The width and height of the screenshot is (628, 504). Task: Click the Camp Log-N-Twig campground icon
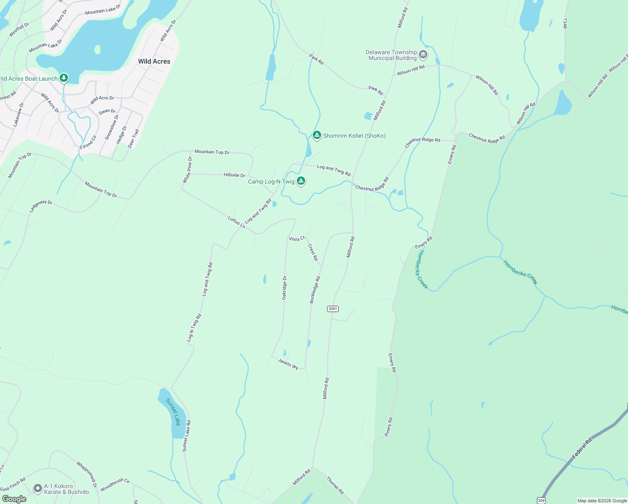(x=301, y=181)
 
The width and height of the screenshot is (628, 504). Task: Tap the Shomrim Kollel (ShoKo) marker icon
(x=317, y=135)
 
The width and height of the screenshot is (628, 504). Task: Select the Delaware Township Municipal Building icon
(x=423, y=55)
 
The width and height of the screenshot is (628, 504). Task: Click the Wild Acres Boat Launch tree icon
(x=64, y=78)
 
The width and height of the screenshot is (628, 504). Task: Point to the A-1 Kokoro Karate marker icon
(x=38, y=488)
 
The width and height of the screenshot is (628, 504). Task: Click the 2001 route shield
(x=332, y=309)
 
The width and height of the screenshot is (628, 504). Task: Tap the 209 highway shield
(x=541, y=500)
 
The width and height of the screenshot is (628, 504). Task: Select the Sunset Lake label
(x=173, y=412)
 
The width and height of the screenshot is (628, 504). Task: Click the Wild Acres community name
(x=154, y=61)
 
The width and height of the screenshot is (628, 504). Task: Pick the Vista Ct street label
(x=297, y=239)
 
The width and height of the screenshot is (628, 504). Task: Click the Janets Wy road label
(x=288, y=364)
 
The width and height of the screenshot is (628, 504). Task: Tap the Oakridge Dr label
(x=284, y=288)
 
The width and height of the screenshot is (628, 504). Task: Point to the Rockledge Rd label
(x=315, y=289)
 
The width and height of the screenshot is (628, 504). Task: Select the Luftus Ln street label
(x=236, y=222)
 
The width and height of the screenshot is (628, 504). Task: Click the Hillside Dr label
(x=234, y=175)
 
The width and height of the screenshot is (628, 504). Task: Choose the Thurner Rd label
(x=335, y=485)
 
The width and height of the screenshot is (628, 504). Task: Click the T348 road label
(x=565, y=24)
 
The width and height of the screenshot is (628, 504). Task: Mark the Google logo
(x=14, y=499)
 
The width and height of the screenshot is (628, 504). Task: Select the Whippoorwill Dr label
(x=87, y=475)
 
